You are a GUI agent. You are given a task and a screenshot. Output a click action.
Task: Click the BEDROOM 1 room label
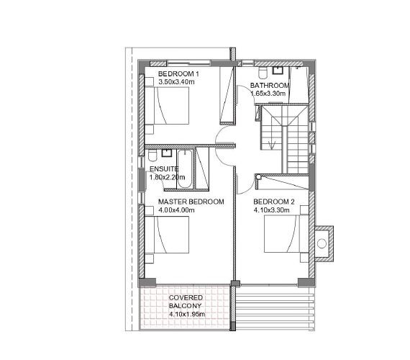point(178,74)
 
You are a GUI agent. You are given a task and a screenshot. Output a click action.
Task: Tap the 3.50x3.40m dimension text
point(176,81)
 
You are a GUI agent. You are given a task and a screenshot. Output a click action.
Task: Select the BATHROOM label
point(270,86)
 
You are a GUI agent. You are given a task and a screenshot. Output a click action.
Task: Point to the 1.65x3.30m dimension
point(268,94)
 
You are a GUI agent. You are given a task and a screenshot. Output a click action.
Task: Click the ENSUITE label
point(164,169)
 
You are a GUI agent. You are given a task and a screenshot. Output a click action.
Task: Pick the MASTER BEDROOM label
point(191,202)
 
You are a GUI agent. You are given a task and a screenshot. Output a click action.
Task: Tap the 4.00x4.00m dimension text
point(176,210)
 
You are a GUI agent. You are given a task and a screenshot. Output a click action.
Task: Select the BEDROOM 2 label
point(274,202)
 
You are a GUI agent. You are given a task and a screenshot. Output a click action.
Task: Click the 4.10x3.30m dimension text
point(271,210)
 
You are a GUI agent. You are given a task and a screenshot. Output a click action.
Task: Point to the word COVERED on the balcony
point(186,297)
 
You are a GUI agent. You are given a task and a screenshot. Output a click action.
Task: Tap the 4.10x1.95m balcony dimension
point(187,314)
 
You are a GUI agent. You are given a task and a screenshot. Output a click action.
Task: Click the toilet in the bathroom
point(263,73)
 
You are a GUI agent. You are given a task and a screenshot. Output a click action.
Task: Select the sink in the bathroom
point(277,71)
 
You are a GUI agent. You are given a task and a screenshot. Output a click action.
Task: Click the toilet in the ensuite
point(152,156)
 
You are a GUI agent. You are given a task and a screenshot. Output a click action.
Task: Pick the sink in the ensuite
point(167,153)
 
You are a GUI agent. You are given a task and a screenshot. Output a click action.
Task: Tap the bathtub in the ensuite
point(185,169)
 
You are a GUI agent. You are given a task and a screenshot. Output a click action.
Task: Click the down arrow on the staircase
point(272,145)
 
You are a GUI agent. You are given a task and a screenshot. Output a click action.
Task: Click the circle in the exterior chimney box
point(322,243)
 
